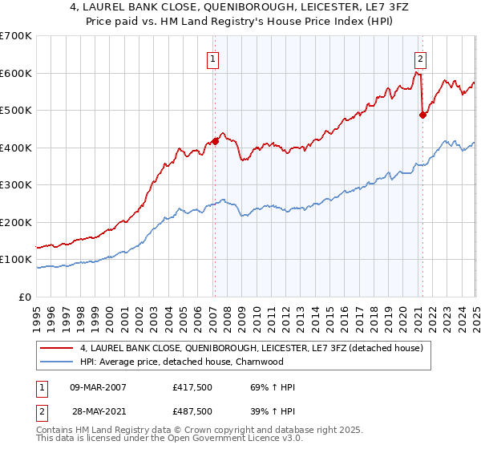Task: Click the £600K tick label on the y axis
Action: coord(16,73)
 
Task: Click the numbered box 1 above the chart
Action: coord(214,58)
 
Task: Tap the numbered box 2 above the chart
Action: coord(421,58)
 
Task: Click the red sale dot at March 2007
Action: coord(215,141)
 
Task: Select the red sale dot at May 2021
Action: coord(422,115)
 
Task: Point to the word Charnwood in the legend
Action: coord(261,362)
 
